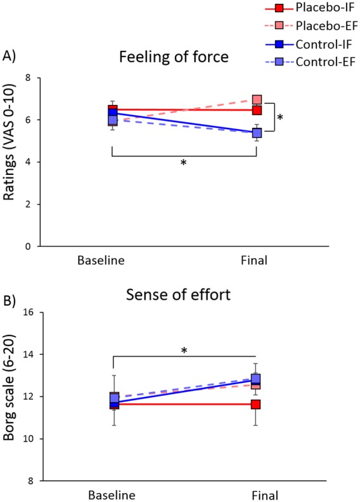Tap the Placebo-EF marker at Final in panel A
point(257,100)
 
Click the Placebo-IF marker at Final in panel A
point(257,110)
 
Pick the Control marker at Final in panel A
point(257,133)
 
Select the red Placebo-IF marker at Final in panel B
point(257,404)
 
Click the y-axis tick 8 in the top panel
point(27,78)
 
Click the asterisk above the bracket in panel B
point(184,333)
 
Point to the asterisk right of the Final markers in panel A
point(280,118)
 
